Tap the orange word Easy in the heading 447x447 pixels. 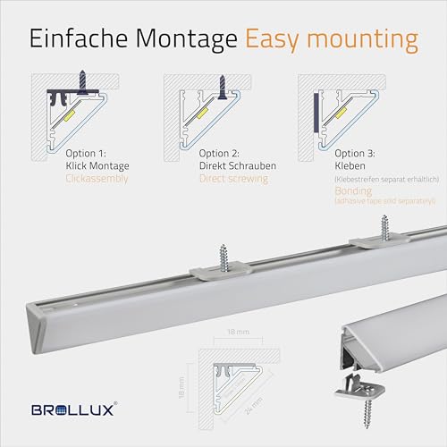pyautogui.click(x=273, y=40)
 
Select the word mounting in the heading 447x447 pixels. pyautogui.click(x=363, y=40)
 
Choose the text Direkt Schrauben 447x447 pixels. pyautogui.click(x=238, y=165)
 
